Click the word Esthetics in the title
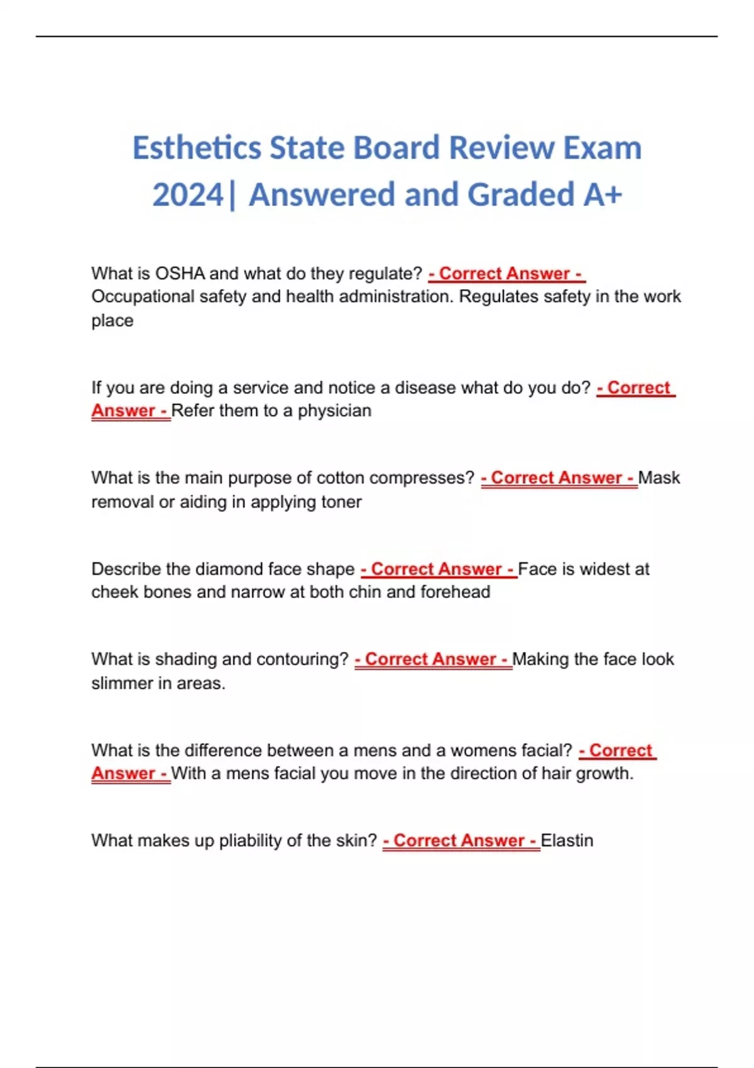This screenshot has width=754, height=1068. (x=196, y=149)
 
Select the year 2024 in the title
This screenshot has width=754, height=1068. (x=188, y=195)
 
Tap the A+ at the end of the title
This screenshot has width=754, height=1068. (x=603, y=195)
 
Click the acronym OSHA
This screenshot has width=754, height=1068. (x=180, y=274)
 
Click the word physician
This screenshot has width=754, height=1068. (x=334, y=411)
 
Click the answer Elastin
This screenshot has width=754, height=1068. (x=567, y=841)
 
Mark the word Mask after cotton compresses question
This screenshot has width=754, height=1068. (x=659, y=478)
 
